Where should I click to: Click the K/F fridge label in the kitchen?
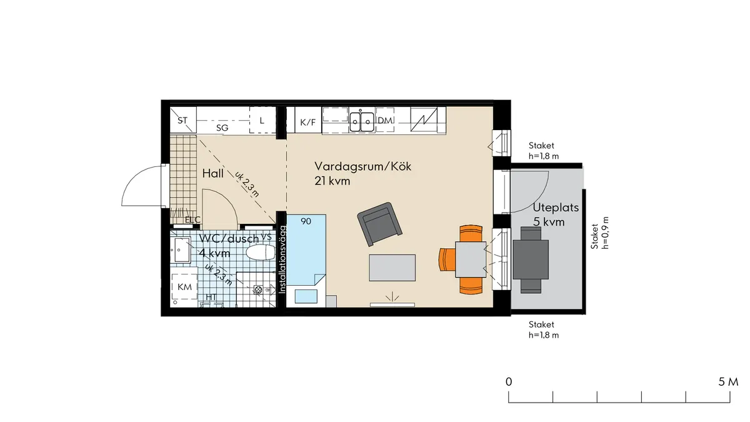(x=307, y=122)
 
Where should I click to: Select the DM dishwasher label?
(x=385, y=121)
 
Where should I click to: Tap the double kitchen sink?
(x=362, y=120)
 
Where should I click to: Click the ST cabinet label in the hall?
(x=182, y=120)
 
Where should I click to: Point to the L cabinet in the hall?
(x=262, y=120)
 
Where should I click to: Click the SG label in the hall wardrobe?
(x=222, y=128)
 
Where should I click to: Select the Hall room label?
(x=213, y=174)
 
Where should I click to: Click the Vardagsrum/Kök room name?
(x=364, y=167)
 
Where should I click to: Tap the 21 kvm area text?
(x=332, y=181)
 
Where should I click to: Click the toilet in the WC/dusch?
(x=261, y=253)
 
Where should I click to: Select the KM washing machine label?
(x=184, y=287)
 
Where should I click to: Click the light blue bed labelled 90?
(x=306, y=250)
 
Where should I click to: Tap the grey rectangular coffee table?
(x=392, y=268)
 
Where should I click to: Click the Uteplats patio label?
(x=556, y=208)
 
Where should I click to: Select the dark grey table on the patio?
(x=531, y=259)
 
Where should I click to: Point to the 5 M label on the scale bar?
(x=728, y=381)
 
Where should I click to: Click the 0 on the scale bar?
(x=509, y=381)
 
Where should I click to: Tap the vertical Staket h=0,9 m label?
(x=599, y=233)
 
